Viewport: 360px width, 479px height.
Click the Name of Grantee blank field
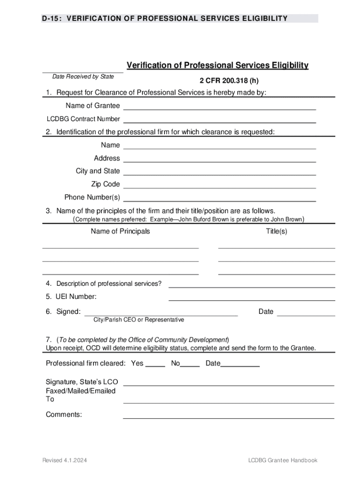[219, 107]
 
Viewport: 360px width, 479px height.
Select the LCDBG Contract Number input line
[219, 120]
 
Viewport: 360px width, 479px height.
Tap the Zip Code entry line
[219, 185]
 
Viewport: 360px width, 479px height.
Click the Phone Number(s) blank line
[219, 198]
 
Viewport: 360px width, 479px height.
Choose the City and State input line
[219, 172]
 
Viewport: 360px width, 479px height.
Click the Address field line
[219, 159]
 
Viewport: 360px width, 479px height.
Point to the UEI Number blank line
[252, 298]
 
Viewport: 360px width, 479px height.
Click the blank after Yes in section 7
[155, 364]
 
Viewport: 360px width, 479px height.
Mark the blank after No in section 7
[190, 364]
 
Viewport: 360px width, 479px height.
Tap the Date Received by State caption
[83, 77]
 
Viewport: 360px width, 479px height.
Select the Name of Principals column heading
[120, 232]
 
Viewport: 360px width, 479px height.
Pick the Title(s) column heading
[276, 232]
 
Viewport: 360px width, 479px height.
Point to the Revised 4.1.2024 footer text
[65, 461]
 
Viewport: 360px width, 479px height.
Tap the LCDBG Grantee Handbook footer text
[283, 461]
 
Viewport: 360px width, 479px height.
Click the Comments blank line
[228, 416]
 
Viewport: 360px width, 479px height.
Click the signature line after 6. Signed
[160, 313]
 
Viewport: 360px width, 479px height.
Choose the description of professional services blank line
[252, 285]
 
